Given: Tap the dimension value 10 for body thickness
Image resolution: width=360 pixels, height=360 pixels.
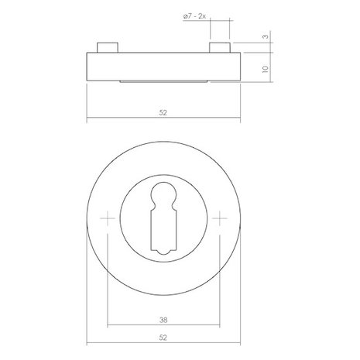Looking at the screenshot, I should click(x=266, y=68).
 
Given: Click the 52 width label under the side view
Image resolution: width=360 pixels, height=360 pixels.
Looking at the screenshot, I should click(x=164, y=113).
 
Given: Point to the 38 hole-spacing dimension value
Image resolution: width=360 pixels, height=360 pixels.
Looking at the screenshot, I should click(x=164, y=317).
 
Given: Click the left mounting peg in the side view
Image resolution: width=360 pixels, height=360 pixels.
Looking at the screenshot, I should click(x=108, y=47).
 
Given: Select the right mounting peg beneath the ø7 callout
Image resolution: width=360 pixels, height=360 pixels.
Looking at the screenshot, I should click(x=221, y=47).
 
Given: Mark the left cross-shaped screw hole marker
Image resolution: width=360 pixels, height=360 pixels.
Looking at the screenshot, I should click(x=106, y=220).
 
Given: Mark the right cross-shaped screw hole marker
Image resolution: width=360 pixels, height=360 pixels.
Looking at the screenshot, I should click(x=223, y=220).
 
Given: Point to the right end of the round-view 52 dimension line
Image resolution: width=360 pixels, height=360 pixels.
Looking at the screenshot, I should click(x=243, y=344).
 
